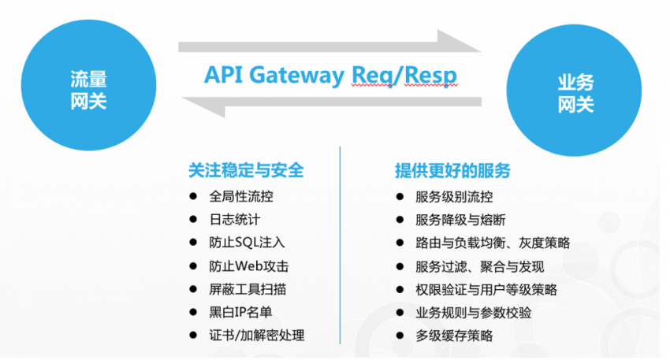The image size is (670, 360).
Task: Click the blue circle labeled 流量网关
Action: coord(88,88)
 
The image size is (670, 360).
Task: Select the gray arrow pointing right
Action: coord(331,45)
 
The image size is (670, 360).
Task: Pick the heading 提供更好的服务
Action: coord(452,169)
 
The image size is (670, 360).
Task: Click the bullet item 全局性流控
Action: coord(241,197)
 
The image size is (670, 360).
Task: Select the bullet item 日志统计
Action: coord(234,220)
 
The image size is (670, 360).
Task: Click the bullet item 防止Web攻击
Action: coord(249,266)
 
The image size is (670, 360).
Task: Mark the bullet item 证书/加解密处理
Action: coord(257,336)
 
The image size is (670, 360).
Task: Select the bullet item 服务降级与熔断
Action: coord(460,220)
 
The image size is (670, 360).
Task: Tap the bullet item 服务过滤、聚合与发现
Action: coord(479,266)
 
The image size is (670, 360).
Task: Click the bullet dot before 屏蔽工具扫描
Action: coord(193,289)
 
